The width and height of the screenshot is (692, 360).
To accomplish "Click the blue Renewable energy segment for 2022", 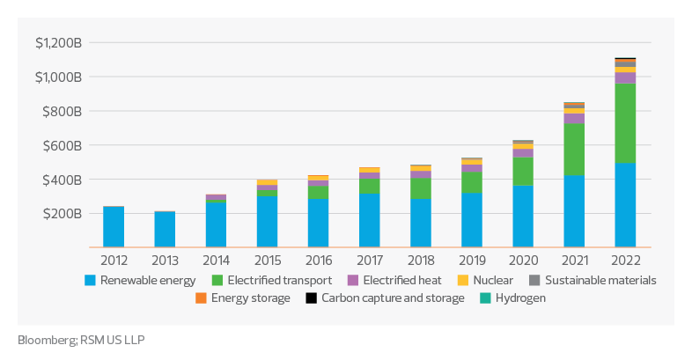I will [x=625, y=204].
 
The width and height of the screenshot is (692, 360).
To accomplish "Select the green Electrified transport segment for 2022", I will [x=625, y=124].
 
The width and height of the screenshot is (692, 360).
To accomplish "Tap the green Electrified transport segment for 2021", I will [x=574, y=150].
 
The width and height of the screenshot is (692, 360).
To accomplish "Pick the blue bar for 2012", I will [x=114, y=227].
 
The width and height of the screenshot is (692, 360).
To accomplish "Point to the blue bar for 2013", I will [x=166, y=229].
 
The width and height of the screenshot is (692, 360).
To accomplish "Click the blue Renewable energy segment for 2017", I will [x=370, y=220].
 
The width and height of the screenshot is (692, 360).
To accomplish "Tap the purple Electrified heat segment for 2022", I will [x=625, y=78].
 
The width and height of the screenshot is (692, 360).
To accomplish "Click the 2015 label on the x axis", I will [x=268, y=261].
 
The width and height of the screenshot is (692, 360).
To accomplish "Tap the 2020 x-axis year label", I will [x=523, y=261].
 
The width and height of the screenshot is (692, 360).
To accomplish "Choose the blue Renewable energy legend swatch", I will [x=90, y=281].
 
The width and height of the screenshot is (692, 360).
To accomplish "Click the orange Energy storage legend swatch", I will [x=202, y=298].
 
